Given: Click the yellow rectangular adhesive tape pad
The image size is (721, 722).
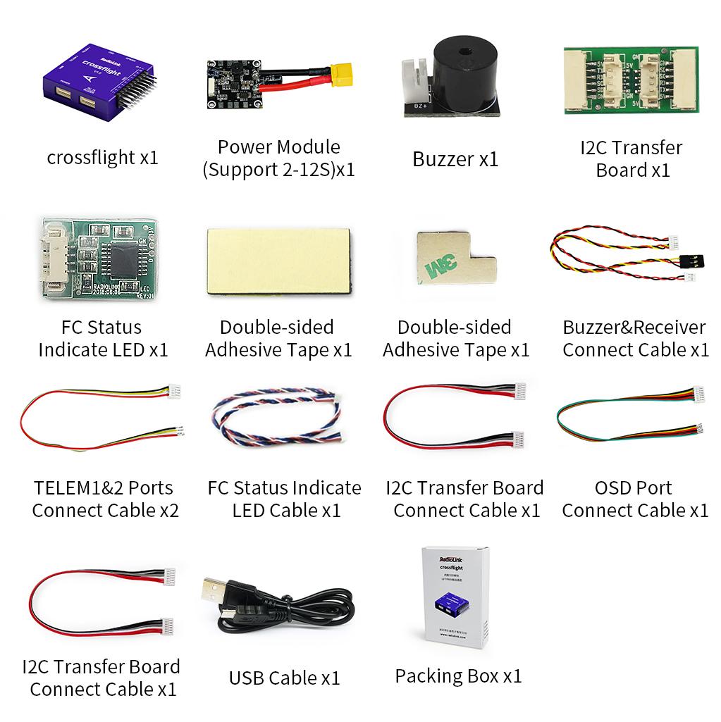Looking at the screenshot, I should tap(278, 261).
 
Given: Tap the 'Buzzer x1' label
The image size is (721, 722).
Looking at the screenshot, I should tap(455, 159).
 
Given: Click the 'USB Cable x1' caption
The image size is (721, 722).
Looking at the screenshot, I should tap(284, 678).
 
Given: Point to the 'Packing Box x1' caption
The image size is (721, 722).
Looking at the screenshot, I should tap(458, 676).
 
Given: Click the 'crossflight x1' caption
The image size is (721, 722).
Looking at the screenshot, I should tap(102, 157).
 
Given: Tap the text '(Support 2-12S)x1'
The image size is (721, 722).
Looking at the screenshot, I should tap(278, 170).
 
